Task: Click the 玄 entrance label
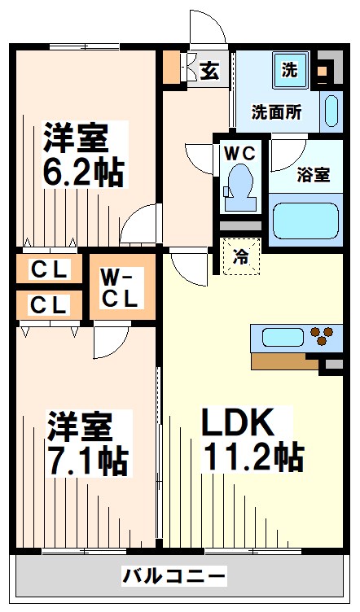[x=209, y=71]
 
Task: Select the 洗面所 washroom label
[x=276, y=112]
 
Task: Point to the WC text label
[x=239, y=153]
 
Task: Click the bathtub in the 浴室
[x=305, y=221]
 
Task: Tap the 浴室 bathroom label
[x=314, y=174]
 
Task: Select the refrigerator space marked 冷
[x=241, y=256]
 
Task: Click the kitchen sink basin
[x=283, y=337]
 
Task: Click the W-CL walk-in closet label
[x=121, y=288]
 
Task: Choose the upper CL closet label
[x=49, y=269]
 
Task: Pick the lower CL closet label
[x=49, y=305]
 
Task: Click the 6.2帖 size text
[x=83, y=173]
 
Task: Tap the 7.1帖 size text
[x=87, y=460]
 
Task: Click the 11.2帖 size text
[x=253, y=457]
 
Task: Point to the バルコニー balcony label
[x=174, y=575]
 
